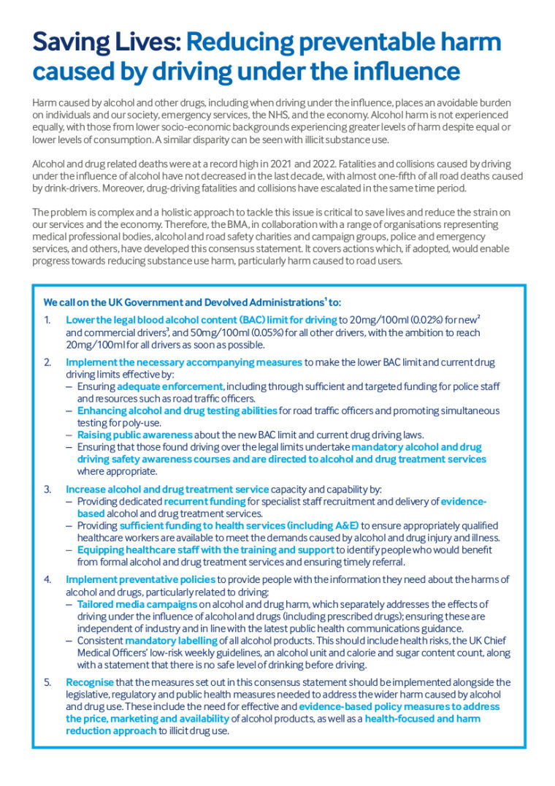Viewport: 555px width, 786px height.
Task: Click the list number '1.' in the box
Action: tap(47, 320)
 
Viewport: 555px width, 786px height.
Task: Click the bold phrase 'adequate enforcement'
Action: tap(170, 386)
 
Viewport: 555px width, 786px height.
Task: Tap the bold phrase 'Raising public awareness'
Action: tap(134, 435)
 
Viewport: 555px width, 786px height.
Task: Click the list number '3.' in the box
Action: tap(47, 489)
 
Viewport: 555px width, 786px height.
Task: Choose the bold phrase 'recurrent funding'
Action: tap(204, 502)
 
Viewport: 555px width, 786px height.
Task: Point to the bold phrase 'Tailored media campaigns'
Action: tap(137, 605)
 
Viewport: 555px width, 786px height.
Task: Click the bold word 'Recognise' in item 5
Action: tap(89, 683)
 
